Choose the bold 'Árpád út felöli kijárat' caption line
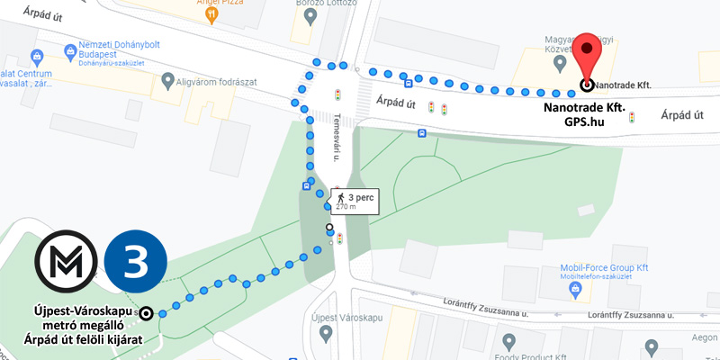pos(76,338)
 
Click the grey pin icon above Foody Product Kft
pos(508,342)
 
